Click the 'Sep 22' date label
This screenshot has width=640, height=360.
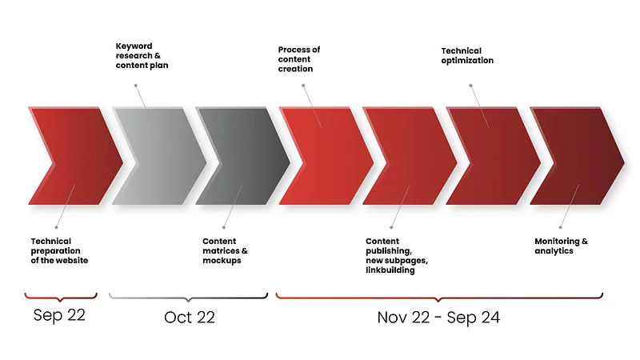tap(59, 315)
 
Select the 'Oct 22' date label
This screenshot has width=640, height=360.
tap(190, 317)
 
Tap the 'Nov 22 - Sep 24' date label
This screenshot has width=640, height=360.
tap(438, 318)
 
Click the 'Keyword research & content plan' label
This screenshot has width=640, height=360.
tap(142, 55)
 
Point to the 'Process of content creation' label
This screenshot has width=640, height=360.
tap(299, 59)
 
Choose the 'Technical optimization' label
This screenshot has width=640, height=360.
tap(467, 55)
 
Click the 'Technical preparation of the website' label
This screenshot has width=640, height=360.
tap(59, 250)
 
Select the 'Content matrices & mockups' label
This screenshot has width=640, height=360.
tap(225, 250)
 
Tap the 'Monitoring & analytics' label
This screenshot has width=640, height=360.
tap(562, 246)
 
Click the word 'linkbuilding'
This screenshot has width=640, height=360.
tap(390, 270)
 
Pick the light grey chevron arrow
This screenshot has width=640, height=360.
tap(159, 156)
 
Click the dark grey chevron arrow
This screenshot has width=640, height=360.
tap(243, 156)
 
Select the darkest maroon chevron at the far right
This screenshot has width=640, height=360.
tap(577, 156)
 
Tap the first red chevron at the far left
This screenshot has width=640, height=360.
tap(76, 156)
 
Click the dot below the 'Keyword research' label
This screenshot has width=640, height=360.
tap(136, 86)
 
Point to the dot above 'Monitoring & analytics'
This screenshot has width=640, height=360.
tap(561, 227)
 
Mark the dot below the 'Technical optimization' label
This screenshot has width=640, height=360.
tap(470, 86)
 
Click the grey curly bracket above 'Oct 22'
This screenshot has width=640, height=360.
tap(188, 297)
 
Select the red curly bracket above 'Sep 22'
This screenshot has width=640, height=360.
tap(61, 297)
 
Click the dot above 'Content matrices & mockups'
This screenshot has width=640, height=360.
tap(224, 227)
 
